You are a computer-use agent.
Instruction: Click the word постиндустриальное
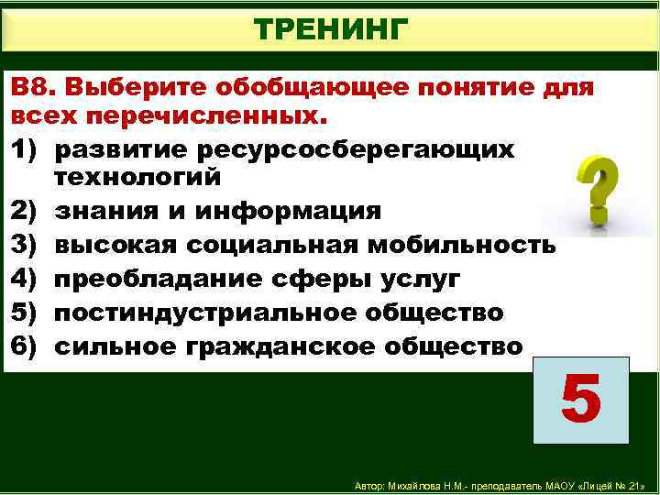[x=203, y=313]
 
